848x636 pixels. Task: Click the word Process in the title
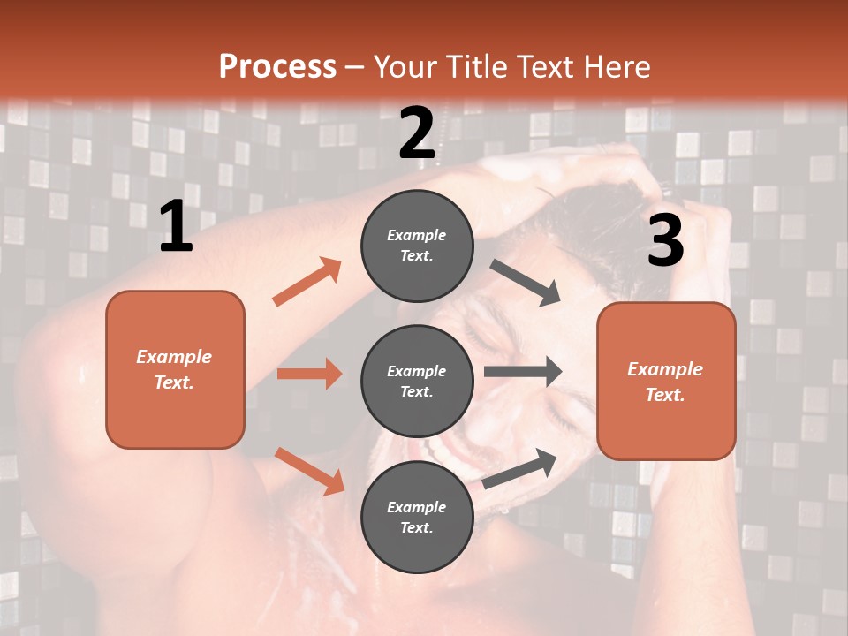(277, 66)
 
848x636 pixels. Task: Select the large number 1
(176, 227)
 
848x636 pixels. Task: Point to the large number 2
(417, 133)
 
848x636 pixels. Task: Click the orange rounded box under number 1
(175, 369)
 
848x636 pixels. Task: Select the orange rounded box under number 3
(666, 382)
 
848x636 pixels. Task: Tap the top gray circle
(417, 246)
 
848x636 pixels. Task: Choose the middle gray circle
(417, 381)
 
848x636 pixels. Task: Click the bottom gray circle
(417, 517)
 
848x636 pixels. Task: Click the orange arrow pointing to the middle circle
(309, 374)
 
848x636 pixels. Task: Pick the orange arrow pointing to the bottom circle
(310, 470)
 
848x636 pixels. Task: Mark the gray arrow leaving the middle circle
(523, 371)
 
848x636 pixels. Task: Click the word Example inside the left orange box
(174, 357)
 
